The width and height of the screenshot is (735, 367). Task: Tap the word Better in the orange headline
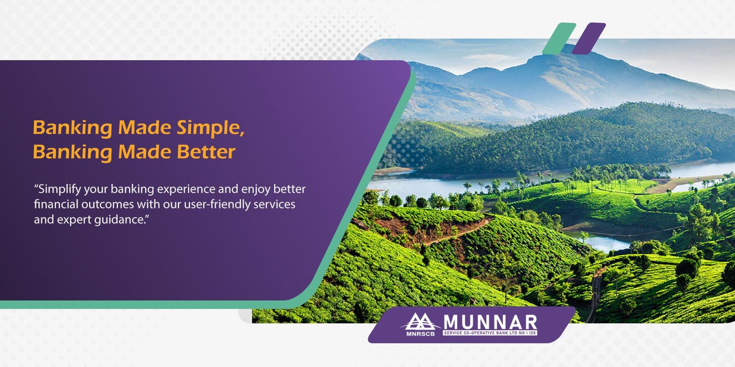206,152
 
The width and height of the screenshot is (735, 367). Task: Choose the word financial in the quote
56,205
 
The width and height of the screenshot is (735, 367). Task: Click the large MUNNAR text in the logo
490,322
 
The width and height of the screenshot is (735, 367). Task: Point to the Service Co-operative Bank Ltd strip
490,333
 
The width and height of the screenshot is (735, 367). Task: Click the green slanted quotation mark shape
559,39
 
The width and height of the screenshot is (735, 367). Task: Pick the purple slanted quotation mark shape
588,39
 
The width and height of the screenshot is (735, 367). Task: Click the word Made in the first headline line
144,128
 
